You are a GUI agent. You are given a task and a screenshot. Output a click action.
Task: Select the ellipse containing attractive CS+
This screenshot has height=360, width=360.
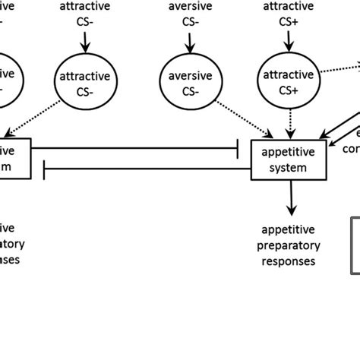click(288, 82)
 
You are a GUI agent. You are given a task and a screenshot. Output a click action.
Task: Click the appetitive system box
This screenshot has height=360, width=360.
click(288, 157)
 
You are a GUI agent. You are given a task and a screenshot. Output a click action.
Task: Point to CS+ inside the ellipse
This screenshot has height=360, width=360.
click(288, 90)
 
